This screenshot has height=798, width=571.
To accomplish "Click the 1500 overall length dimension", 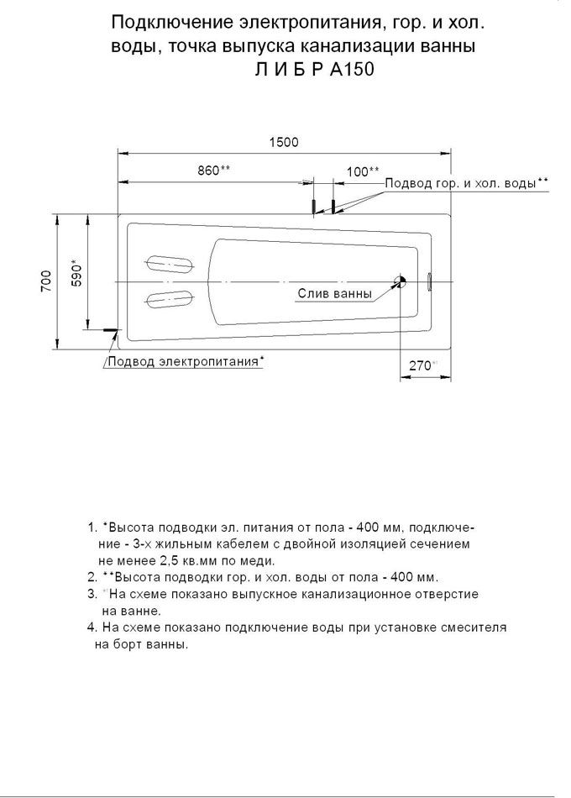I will point(284,143).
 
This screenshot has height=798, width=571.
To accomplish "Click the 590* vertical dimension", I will point(76,273).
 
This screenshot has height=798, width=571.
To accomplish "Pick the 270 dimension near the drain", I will point(421,365).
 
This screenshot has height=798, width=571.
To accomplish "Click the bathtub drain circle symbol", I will point(401,282).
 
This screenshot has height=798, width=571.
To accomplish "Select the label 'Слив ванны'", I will point(333,294).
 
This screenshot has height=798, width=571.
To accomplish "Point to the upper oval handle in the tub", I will point(170,263).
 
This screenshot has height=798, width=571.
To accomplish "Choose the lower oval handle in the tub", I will point(170,297).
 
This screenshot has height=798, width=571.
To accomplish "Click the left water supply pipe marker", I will point(314,207).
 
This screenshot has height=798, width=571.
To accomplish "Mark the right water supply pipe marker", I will point(333,207).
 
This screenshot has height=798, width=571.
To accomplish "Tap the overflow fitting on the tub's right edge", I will point(429,281).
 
